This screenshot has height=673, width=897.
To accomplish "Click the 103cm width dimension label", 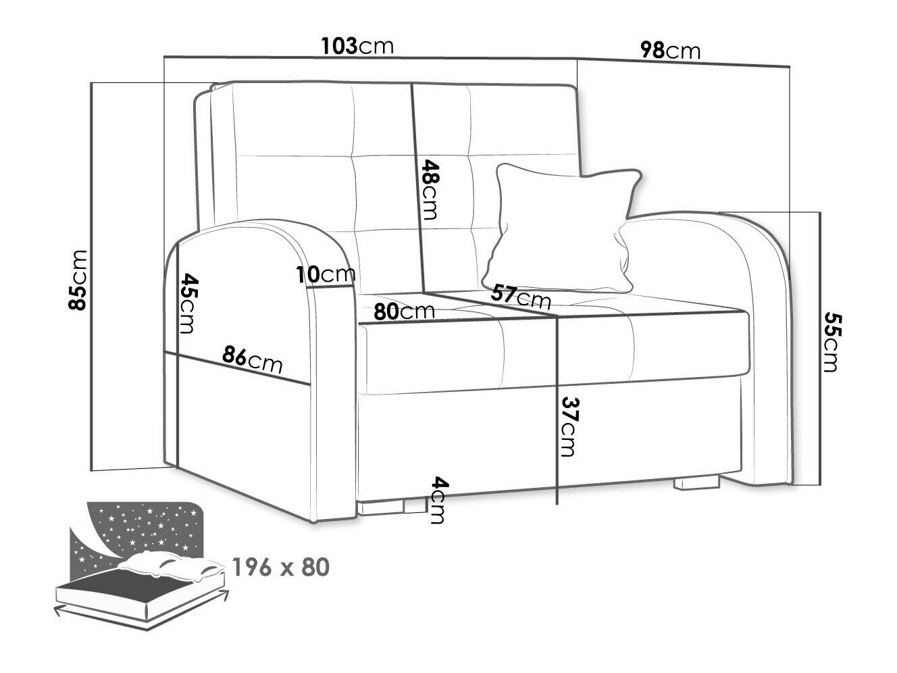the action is (357, 46).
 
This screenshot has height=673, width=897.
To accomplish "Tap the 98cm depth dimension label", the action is (670, 51).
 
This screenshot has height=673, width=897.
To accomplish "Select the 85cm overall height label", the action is (78, 280).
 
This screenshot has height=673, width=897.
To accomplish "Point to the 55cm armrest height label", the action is (832, 342).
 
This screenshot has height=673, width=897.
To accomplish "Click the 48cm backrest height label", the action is (430, 190).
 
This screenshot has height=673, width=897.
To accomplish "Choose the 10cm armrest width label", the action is (326, 274).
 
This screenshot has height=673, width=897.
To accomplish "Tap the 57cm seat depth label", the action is (521, 297).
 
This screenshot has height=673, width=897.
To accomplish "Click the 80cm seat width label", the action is (404, 312).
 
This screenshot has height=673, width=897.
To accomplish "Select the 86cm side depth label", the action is (252, 359).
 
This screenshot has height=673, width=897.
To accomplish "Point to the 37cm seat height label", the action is (568, 426).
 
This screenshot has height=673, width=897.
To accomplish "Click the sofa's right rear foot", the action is (696, 482).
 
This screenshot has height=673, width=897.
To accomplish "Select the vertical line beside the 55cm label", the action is (820, 349).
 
